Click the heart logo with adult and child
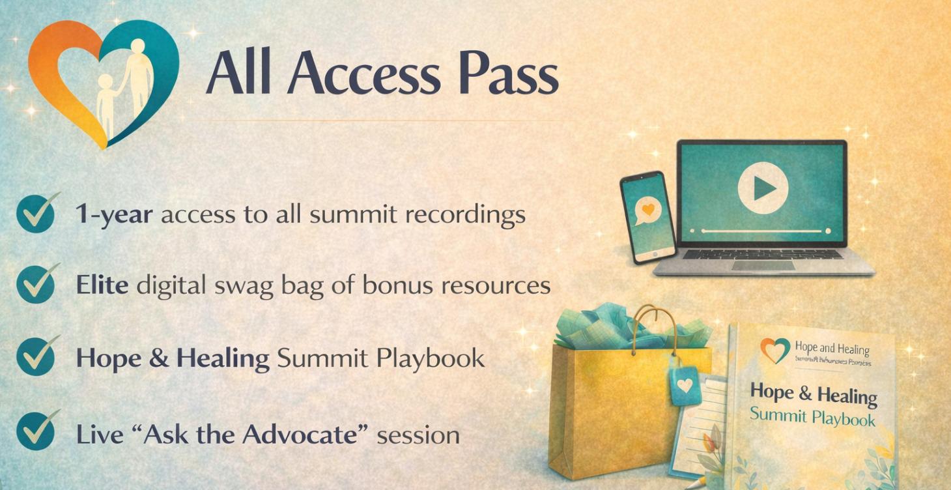[103, 81]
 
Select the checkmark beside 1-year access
[36, 214]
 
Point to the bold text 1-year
[114, 214]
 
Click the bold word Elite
[102, 285]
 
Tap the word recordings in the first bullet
[465, 216]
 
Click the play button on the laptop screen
[763, 189]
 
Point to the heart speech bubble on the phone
[647, 210]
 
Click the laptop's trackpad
[763, 265]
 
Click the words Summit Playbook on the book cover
[812, 416]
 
